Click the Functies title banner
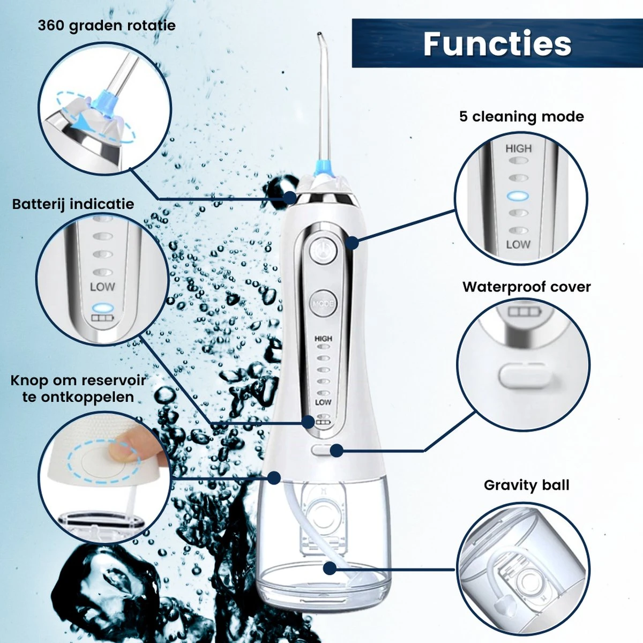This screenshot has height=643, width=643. point(497,43)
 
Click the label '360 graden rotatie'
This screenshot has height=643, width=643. point(107,26)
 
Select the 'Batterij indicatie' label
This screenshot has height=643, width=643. point(73,204)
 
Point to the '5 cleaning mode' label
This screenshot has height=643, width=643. point(521,117)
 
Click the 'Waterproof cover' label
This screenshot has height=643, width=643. point(527,287)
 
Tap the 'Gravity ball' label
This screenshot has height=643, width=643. point(527,485)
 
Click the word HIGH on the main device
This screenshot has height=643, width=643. point(323,339)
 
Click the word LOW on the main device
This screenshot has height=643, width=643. point(323,402)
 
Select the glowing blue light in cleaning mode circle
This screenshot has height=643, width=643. point(518,196)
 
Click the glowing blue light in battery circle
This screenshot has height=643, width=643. point(102,308)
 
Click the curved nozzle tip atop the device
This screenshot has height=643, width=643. point(320,35)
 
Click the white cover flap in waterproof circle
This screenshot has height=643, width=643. point(523,376)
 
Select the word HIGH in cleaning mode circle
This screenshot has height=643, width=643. point(518,148)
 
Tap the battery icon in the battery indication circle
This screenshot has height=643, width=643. point(102,317)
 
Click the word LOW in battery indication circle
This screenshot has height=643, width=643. point(102,287)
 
